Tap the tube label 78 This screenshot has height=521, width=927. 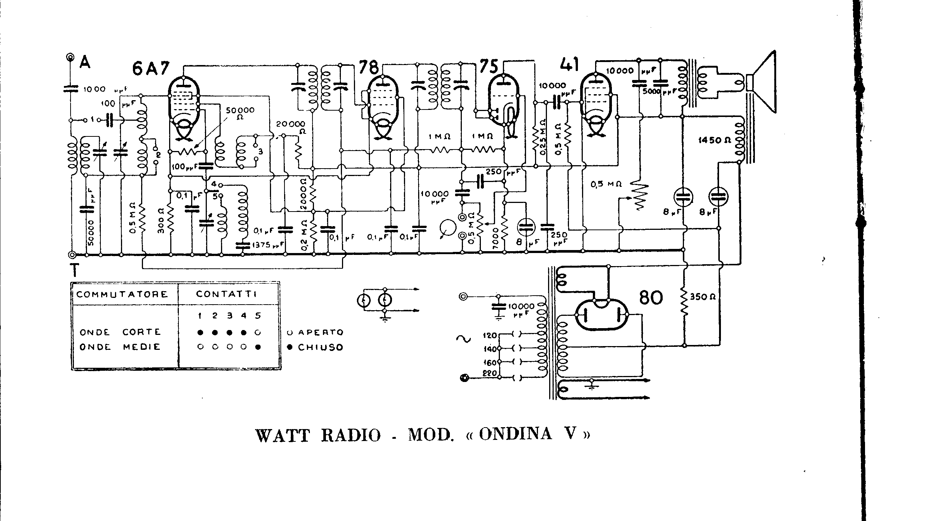coord(368,68)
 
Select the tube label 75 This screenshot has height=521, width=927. coord(488,67)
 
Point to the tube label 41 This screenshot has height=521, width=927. coord(569,65)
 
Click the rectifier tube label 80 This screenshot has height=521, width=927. coord(651,298)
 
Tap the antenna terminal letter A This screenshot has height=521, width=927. coord(85,62)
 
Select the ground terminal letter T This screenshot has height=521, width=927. coord(75,270)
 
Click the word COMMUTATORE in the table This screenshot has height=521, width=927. coord(122,294)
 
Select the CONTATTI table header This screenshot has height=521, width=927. coord(227,294)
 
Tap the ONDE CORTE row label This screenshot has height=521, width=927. coord(120,332)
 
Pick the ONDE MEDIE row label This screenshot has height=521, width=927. coord(120,347)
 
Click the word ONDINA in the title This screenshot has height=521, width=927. coord(515,434)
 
